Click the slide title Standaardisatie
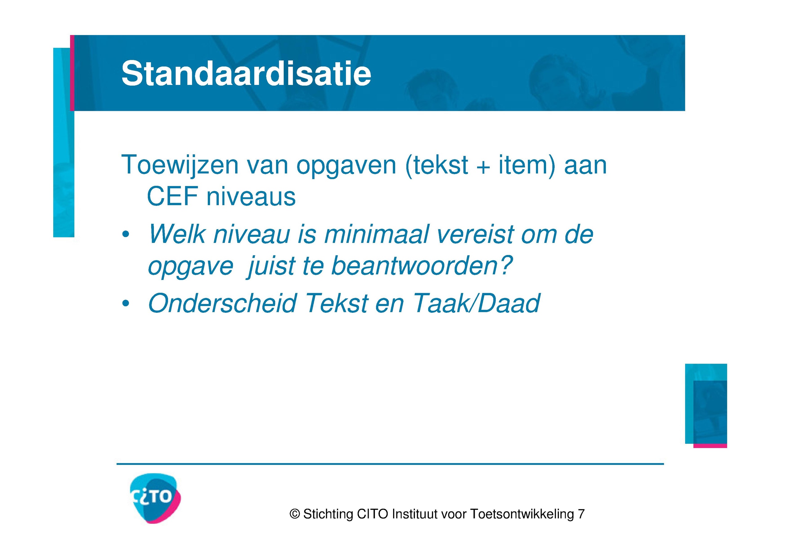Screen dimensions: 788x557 pyautogui.click(x=246, y=74)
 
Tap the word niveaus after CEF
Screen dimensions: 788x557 pyautogui.click(x=251, y=197)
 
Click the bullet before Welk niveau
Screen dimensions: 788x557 pyautogui.click(x=126, y=235)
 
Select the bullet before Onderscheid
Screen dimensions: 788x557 pyautogui.click(x=126, y=303)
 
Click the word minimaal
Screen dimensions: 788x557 pyautogui.click(x=376, y=235)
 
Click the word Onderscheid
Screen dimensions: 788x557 pyautogui.click(x=222, y=303)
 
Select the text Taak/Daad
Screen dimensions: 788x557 pyautogui.click(x=476, y=303)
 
